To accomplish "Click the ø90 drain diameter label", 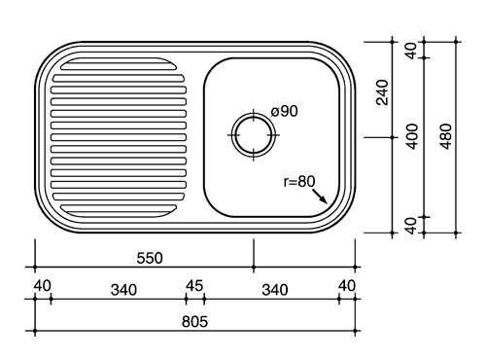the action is click(284, 111).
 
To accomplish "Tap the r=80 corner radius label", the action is click(299, 182).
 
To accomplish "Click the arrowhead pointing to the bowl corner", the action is click(324, 199).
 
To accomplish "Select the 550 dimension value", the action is click(150, 258).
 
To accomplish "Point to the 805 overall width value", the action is click(194, 322).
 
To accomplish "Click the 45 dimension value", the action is click(194, 286).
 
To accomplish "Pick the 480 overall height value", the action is click(446, 136).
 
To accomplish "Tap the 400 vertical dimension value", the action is click(412, 136).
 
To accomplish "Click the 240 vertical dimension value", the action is click(382, 92).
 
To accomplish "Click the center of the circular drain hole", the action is click(254, 135).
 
